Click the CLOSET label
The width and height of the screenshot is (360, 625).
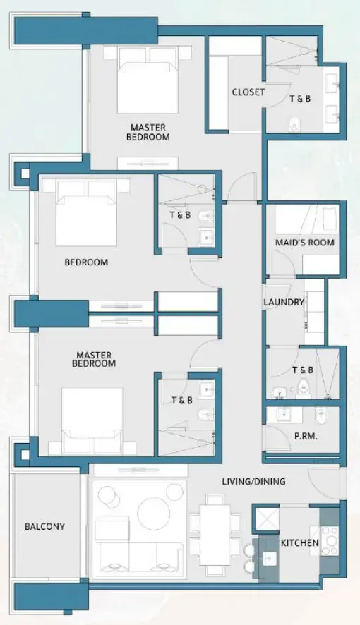(248, 92)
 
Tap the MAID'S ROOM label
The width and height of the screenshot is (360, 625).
(305, 243)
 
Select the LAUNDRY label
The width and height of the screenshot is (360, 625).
(283, 303)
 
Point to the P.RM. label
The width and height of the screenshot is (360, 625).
(306, 437)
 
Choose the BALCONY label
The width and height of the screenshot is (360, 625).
(44, 526)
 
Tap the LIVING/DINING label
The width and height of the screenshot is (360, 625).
(254, 482)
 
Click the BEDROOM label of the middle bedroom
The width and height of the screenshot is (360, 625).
(86, 262)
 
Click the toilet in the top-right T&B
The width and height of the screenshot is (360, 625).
(294, 125)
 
